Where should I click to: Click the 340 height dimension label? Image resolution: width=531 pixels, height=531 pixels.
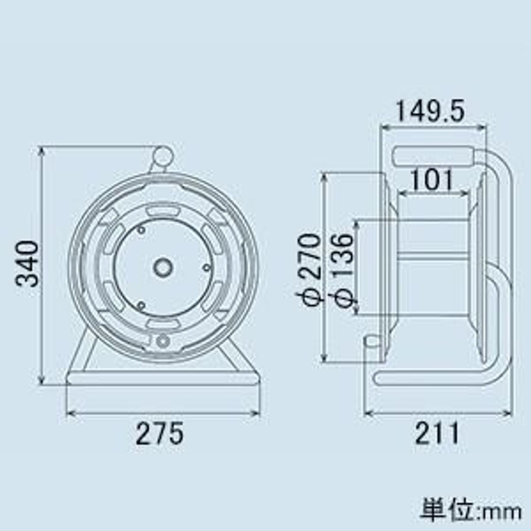click(x=27, y=264)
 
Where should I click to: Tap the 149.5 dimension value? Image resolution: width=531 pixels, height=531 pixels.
click(x=430, y=111)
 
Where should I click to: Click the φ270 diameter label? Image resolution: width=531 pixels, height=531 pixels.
click(x=309, y=269)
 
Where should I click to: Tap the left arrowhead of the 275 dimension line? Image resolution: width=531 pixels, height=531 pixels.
click(x=70, y=413)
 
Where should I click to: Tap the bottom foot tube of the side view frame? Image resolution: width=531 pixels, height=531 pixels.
click(x=430, y=378)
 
